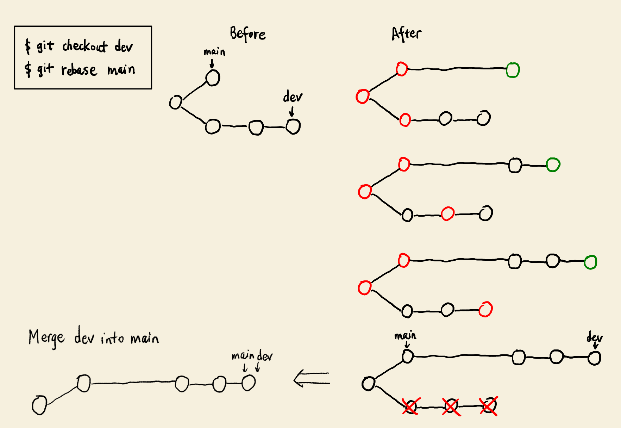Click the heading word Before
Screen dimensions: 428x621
click(x=247, y=34)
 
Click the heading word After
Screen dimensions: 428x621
click(x=406, y=34)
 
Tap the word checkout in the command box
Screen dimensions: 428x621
click(x=85, y=46)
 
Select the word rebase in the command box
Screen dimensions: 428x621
click(x=79, y=70)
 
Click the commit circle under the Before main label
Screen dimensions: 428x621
click(x=213, y=78)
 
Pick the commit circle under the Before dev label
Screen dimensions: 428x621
click(x=293, y=126)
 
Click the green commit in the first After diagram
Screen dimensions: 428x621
click(x=513, y=70)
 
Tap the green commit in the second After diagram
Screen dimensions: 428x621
click(x=553, y=165)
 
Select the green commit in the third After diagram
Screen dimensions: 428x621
click(x=590, y=262)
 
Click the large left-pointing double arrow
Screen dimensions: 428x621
click(x=312, y=379)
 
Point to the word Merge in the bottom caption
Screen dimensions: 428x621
click(x=46, y=338)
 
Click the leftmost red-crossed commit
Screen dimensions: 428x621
click(x=410, y=407)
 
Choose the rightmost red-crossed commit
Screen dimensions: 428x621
click(x=489, y=406)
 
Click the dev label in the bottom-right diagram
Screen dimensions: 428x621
click(x=594, y=337)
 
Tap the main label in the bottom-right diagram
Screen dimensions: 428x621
click(x=405, y=335)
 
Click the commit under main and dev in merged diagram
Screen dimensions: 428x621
click(x=248, y=383)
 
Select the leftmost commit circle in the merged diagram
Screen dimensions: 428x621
click(x=39, y=405)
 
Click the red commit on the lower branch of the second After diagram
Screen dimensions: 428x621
click(x=447, y=213)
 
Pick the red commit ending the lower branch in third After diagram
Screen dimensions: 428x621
click(x=485, y=309)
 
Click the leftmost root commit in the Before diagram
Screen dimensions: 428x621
click(x=175, y=102)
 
